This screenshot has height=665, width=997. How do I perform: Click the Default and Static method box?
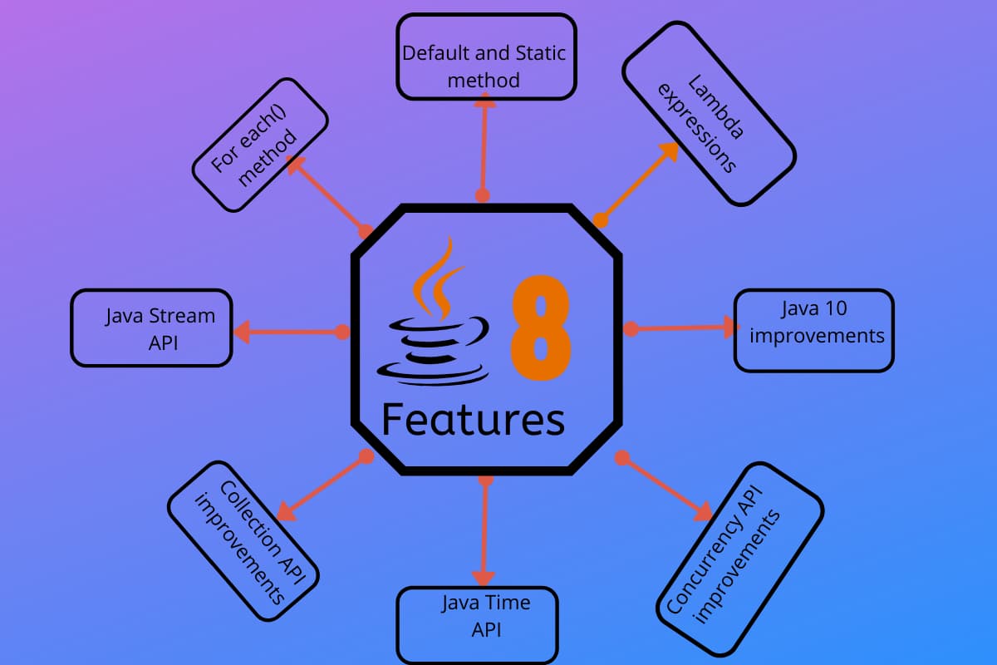(x=486, y=57)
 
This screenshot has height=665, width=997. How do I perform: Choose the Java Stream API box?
(x=151, y=328)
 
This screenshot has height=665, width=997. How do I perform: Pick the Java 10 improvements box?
(x=813, y=330)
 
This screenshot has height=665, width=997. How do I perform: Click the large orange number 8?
(x=540, y=328)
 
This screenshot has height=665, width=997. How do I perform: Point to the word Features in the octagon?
(x=473, y=420)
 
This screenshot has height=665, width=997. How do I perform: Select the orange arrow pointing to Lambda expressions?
(x=640, y=181)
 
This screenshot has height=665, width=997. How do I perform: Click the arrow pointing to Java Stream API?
(x=287, y=332)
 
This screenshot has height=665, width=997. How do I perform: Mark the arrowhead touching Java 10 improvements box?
(x=729, y=328)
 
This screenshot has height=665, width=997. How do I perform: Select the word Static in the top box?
(x=540, y=53)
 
